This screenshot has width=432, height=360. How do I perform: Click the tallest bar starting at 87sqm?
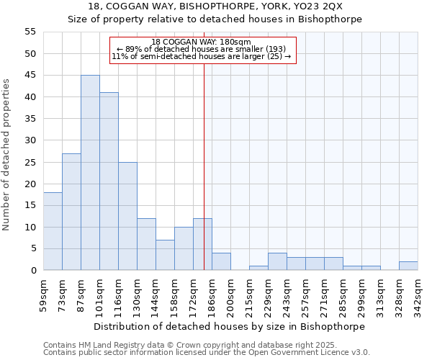click(x=90, y=173)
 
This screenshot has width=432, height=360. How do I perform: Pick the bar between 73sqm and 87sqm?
click(x=71, y=212)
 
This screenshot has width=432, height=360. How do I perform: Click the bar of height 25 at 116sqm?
click(x=127, y=216)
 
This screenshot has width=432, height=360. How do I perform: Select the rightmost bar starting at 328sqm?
click(x=408, y=266)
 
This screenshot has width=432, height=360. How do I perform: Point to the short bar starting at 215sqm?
click(x=258, y=268)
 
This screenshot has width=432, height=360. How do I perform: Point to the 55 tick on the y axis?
click(x=30, y=32)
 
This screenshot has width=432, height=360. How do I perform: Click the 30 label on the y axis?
click(x=30, y=140)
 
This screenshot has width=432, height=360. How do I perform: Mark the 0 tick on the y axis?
click(x=33, y=271)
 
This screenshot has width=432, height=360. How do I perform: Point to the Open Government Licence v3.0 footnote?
click(x=207, y=353)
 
